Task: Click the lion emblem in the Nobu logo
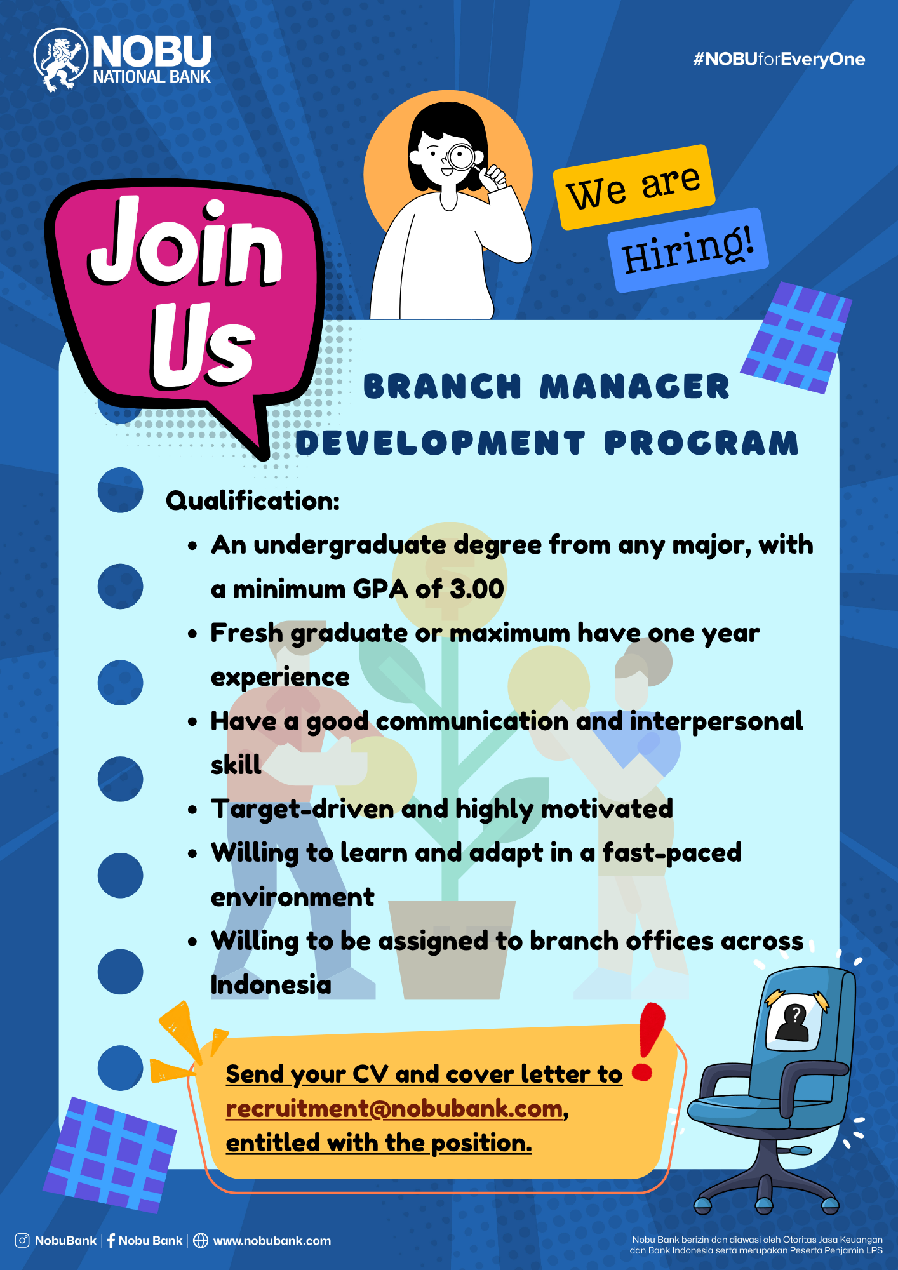[x=60, y=60]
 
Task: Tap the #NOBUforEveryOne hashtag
[x=779, y=60]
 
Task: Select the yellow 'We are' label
[x=634, y=187]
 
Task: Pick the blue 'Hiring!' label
[x=688, y=250]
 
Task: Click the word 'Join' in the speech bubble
[x=185, y=243]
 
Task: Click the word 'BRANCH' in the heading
[x=442, y=387]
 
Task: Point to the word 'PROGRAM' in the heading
[x=701, y=443]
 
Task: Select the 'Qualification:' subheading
[x=253, y=500]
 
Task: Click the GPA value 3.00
[x=476, y=589]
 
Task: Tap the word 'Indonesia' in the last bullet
[x=271, y=985]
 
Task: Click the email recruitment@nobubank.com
[x=394, y=1109]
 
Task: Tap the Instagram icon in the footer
[x=22, y=1240]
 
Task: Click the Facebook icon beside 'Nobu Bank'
[x=111, y=1240]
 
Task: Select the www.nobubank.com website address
[x=272, y=1241]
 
